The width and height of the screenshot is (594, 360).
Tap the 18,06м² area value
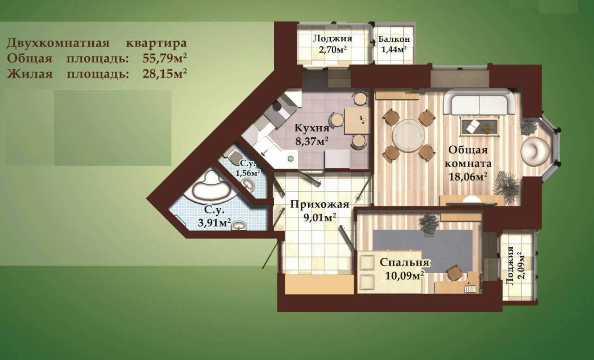468,176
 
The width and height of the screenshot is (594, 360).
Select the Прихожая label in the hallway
320,205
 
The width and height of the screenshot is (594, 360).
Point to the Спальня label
404,263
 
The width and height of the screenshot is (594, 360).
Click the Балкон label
394,39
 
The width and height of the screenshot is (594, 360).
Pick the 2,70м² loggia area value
333,49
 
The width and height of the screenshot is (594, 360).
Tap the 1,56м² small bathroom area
248,173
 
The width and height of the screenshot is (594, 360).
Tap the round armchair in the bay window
535,151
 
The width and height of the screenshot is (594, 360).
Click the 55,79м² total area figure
164,58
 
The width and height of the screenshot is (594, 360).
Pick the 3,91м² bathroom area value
214,223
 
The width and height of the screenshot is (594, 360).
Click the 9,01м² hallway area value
320,218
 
